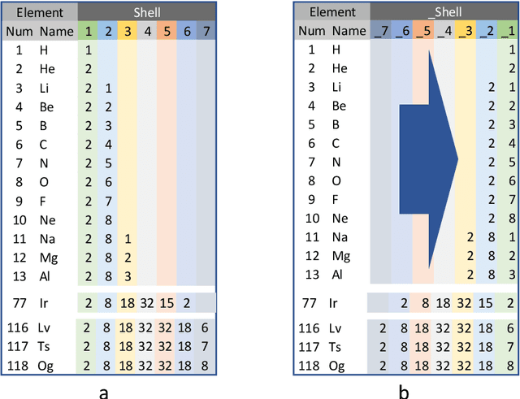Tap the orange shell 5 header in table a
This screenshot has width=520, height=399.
point(166,32)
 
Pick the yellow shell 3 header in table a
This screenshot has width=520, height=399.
point(128,32)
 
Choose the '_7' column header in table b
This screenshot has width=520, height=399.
point(379,32)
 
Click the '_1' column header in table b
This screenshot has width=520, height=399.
point(508,32)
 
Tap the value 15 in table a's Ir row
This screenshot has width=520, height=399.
point(166,303)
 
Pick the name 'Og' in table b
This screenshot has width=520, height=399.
point(340,366)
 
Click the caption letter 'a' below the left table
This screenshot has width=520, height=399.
point(103,392)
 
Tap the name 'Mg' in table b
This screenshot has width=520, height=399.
point(340,256)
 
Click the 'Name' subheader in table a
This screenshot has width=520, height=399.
point(56,32)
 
